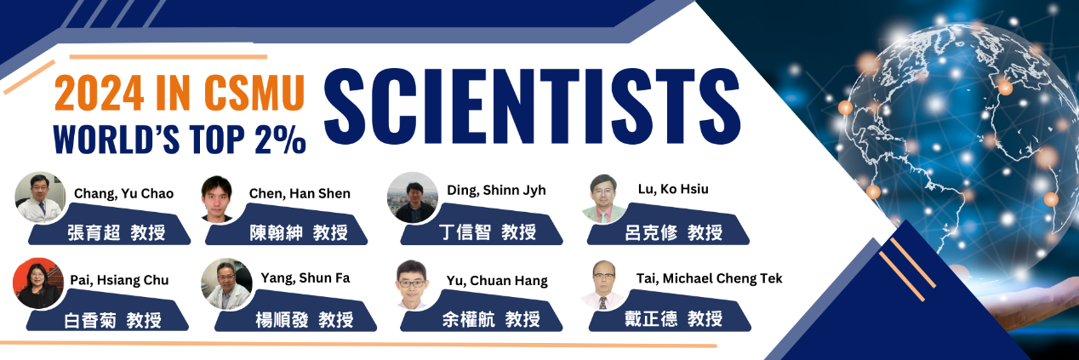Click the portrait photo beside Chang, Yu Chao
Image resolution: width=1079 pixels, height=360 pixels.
40,197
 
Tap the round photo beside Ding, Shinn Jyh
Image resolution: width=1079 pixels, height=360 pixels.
412,197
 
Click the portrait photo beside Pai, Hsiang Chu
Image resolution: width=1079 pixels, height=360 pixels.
37,283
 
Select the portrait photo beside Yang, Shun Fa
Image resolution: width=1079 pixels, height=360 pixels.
226,283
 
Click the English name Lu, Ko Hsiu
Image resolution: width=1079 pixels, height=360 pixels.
672,189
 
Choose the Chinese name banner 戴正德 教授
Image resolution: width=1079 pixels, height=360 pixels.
681,319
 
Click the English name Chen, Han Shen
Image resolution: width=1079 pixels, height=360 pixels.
300,194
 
